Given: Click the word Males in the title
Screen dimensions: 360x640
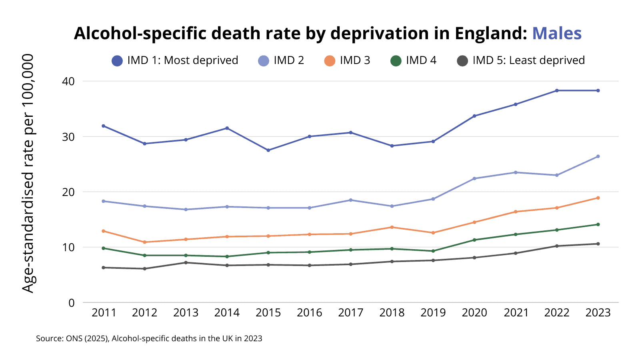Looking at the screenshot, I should (556, 33).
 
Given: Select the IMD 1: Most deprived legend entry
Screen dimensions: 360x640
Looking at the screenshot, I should (175, 60).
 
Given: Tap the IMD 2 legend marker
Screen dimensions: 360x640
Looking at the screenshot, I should (264, 61).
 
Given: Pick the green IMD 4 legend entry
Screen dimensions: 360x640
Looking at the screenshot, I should (413, 60).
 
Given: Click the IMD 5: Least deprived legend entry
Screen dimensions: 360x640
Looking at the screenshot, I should (520, 60).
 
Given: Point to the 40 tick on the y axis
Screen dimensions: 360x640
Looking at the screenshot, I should (68, 81).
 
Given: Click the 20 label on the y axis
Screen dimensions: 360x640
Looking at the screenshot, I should (68, 192).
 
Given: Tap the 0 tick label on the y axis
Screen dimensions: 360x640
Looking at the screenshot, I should (72, 303).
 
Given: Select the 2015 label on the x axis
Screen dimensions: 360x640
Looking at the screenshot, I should (268, 312).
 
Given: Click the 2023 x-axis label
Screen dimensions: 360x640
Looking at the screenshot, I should (598, 312).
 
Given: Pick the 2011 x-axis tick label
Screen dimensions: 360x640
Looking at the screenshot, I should (104, 312).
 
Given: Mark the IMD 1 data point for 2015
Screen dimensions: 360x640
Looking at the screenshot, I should (268, 150).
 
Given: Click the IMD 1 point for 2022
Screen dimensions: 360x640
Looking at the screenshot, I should (557, 90).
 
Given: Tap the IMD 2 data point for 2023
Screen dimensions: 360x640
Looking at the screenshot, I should (598, 156).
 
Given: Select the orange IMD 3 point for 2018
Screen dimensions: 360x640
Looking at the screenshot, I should (392, 227).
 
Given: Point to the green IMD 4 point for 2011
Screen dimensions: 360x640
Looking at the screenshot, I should (103, 248).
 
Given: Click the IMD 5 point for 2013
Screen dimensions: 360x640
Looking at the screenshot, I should (186, 262).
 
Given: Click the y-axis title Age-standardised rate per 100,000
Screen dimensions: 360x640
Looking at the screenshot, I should (28, 174).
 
